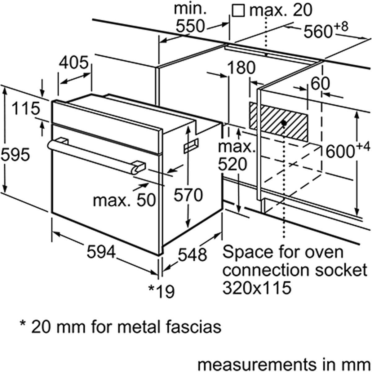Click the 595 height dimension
coord(15,154)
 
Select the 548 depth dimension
coord(192,255)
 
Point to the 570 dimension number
coord(188,195)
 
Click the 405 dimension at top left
coord(74,63)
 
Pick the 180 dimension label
coord(241,68)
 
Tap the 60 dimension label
coord(320,84)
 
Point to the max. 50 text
coord(124,200)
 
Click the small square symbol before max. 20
coord(238,11)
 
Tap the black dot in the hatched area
coord(284,122)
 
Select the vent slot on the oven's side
coord(191,146)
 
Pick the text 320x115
coord(257,288)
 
